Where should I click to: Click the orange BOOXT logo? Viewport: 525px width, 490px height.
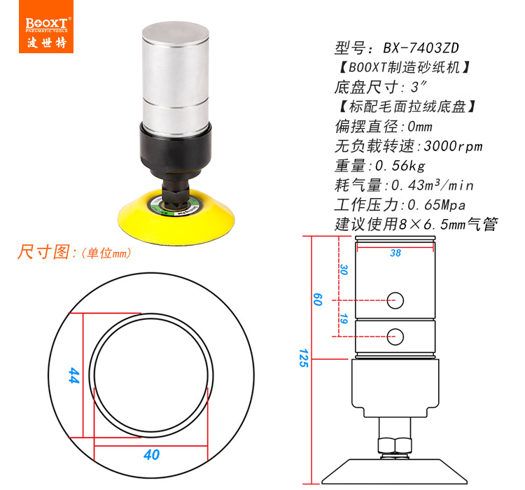point(46,27)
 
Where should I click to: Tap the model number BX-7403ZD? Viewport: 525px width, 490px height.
point(421,48)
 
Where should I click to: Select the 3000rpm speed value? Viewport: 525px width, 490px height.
point(453,146)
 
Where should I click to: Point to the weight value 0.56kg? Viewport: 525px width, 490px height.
point(400,166)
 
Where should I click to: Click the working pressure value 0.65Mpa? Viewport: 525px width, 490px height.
point(437,205)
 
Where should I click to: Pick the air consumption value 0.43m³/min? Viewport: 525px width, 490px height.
point(433,185)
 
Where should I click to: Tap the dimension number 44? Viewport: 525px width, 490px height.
point(73,375)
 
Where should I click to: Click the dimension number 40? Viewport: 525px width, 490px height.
point(152,454)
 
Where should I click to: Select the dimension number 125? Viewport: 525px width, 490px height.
point(303,358)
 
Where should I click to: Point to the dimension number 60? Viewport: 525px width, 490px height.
point(317,300)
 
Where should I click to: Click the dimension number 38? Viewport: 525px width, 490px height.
point(395,253)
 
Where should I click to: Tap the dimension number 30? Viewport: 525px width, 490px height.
point(344,269)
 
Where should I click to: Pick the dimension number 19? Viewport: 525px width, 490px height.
point(344,318)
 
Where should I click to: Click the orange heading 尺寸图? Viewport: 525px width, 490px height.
point(43,252)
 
